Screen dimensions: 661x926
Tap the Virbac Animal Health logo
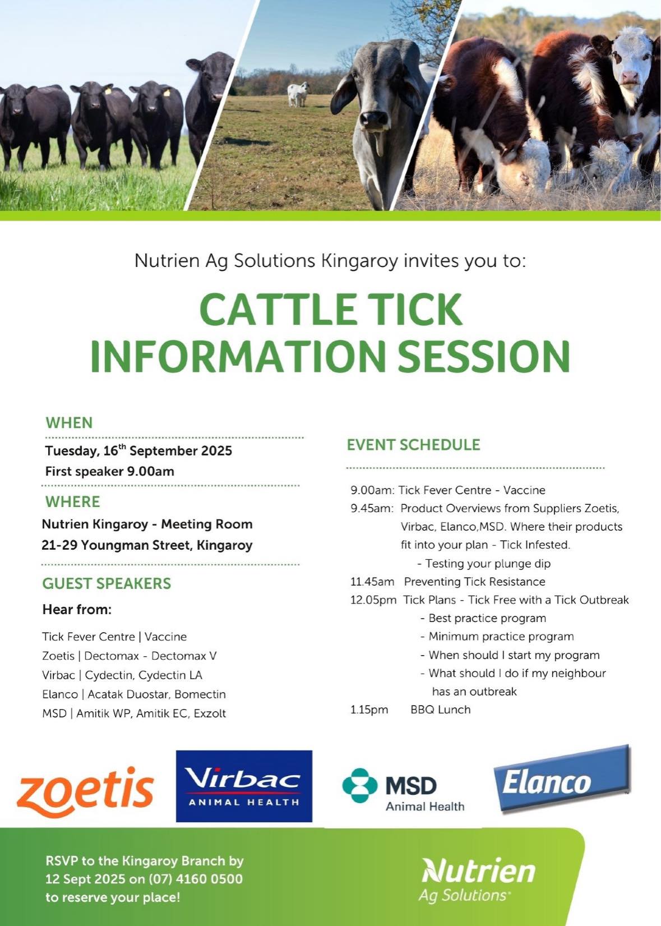tap(244, 786)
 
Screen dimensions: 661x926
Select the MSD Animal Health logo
tap(404, 790)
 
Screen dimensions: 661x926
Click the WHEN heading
tap(69, 423)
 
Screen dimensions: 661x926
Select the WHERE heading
tap(73, 502)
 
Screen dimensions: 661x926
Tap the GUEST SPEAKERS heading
tap(107, 583)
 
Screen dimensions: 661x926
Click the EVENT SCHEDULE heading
tap(414, 444)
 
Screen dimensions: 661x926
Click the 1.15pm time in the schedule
tap(369, 710)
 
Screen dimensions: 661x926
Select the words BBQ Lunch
tap(441, 710)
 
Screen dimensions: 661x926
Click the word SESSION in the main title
tap(484, 356)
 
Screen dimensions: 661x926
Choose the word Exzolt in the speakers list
tap(210, 713)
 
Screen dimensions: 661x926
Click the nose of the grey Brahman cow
tap(373, 118)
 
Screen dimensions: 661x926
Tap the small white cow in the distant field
tap(298, 94)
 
